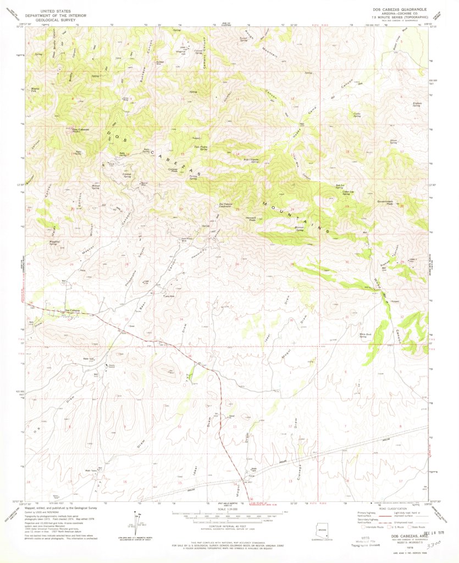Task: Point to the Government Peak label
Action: [384, 203]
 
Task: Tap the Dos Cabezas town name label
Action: [73, 311]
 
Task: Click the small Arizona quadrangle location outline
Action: [323, 529]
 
